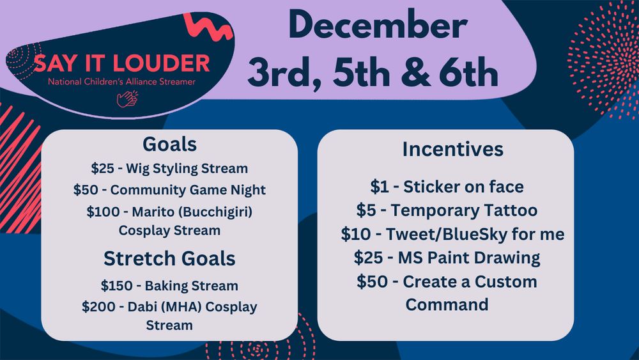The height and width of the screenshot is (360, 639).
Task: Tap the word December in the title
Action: click(378, 26)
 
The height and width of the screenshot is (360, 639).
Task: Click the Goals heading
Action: click(169, 145)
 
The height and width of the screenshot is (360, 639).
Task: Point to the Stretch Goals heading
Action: click(169, 258)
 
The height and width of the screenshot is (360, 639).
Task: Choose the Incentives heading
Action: click(453, 149)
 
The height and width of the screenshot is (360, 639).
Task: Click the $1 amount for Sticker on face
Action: click(380, 187)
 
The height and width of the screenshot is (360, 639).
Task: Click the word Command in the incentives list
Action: click(447, 304)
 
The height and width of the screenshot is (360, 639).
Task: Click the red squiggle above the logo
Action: click(208, 26)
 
